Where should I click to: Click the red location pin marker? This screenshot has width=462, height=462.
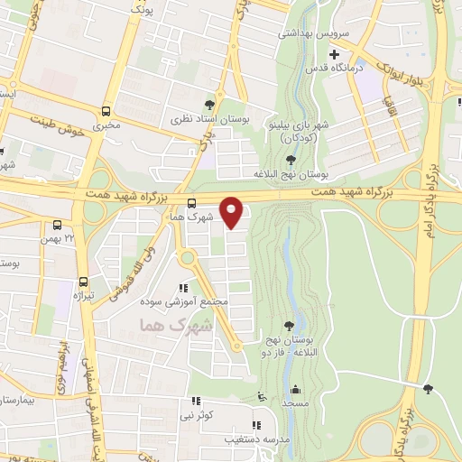click(x=233, y=212)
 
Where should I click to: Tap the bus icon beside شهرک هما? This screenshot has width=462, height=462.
click(x=191, y=202)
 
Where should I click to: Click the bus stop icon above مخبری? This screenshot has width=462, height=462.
click(x=106, y=112)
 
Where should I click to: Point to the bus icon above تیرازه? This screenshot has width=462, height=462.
click(x=83, y=280)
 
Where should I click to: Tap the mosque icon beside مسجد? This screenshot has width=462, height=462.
click(x=296, y=390)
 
